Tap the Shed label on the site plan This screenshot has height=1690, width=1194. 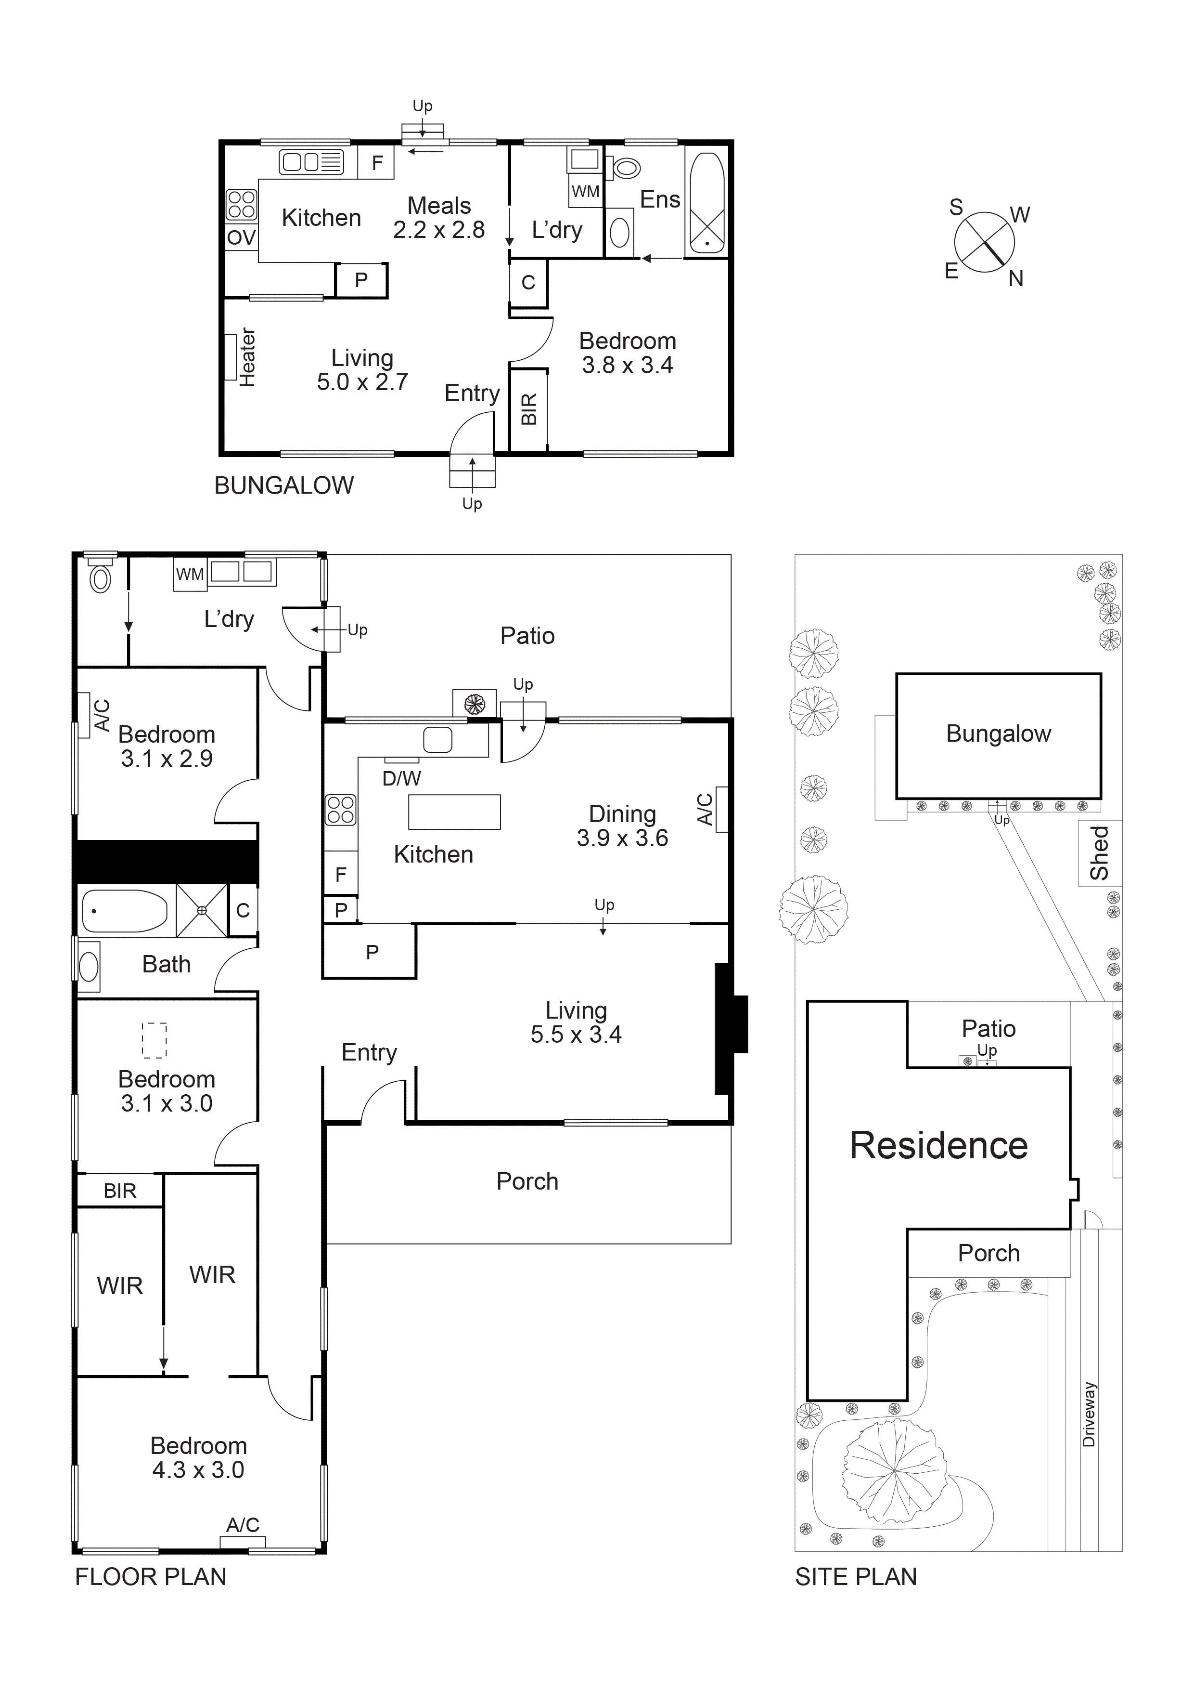point(1099,852)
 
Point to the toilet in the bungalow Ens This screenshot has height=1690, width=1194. point(626,168)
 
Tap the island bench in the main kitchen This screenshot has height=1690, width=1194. point(454,812)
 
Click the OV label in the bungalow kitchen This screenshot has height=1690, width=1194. point(241,238)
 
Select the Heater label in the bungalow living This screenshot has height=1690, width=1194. point(247,358)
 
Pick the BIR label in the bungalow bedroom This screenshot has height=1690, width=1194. point(529,409)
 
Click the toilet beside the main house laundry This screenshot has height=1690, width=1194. point(100,579)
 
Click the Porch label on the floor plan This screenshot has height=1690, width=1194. point(527,1181)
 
